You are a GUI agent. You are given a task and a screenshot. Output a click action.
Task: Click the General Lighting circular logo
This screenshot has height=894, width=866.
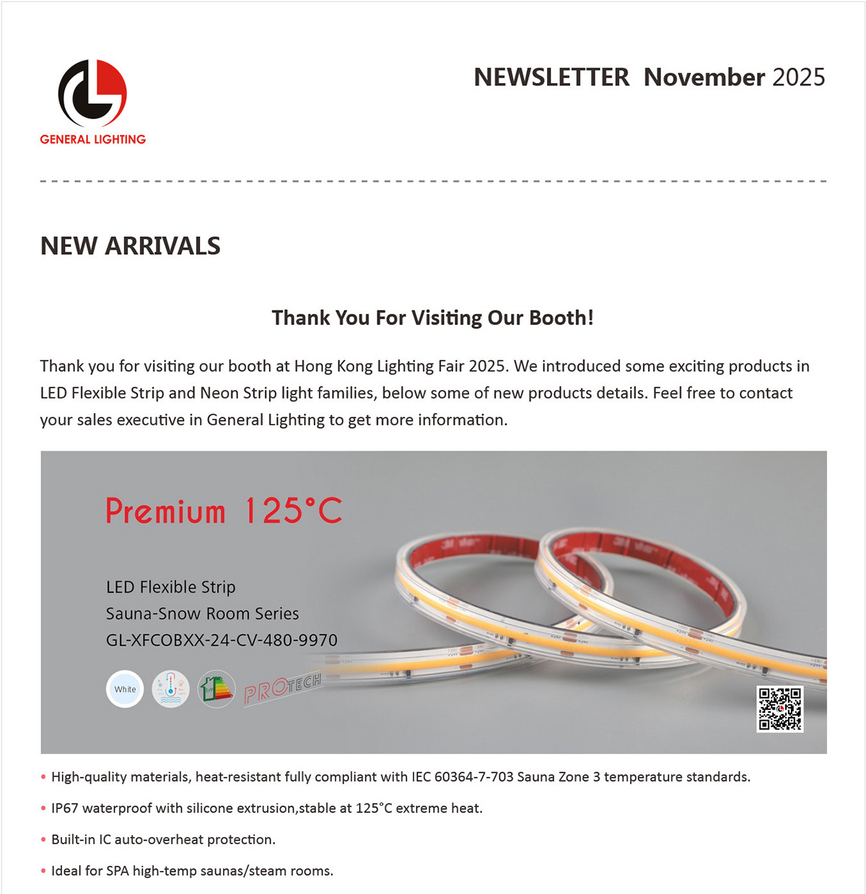[92, 93]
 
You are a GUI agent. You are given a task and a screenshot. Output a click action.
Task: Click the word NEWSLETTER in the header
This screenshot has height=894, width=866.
[551, 77]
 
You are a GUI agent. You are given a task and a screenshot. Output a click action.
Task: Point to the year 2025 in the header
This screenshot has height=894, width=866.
[798, 77]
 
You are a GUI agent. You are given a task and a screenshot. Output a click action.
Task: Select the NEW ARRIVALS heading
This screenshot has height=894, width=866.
[131, 246]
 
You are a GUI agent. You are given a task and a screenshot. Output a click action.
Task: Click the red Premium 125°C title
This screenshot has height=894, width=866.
[224, 511]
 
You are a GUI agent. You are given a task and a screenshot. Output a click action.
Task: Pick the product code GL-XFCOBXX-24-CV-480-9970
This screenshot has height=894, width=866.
[222, 640]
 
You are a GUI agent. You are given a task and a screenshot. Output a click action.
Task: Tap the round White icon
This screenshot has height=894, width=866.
[125, 689]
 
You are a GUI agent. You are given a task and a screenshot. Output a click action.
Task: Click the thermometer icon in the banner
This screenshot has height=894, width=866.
[171, 689]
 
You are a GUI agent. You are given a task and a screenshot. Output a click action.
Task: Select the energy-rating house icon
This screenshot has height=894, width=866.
[216, 689]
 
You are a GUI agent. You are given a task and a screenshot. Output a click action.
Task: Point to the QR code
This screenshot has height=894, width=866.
[779, 708]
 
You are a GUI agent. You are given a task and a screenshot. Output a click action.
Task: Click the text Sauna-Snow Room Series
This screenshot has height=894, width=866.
[202, 614]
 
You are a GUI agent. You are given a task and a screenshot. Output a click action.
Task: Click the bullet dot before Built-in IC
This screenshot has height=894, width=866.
[43, 840]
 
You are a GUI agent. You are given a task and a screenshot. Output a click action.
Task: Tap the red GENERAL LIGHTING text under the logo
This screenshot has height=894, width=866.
[93, 139]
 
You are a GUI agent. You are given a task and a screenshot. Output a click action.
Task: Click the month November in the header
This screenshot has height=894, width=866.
[704, 77]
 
